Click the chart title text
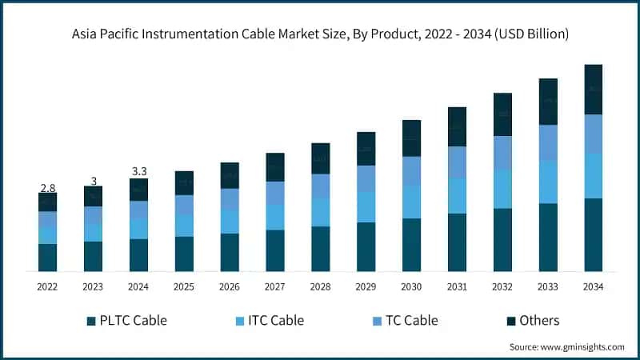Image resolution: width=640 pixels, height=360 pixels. [x=320, y=34]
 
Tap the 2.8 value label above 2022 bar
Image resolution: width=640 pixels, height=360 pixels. [x=47, y=187]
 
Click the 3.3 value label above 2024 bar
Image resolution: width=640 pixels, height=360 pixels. [x=138, y=171]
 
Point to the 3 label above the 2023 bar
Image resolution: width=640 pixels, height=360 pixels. [x=93, y=181]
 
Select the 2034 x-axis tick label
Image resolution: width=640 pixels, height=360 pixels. [x=593, y=286]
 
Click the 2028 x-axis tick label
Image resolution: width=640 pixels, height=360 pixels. [x=320, y=286]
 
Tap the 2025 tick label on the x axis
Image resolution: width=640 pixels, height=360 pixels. [x=184, y=286]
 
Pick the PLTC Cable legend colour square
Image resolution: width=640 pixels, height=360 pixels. [x=91, y=321]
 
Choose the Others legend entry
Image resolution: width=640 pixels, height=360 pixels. [x=538, y=321]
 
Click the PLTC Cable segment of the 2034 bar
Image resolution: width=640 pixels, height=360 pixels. [x=593, y=235]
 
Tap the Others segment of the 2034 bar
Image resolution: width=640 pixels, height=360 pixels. [x=593, y=90]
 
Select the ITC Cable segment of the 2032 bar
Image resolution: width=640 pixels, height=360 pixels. [x=502, y=190]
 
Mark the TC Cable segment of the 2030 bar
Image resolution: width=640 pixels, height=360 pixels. [x=411, y=171]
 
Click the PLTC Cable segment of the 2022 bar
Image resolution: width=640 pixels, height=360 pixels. [x=47, y=258]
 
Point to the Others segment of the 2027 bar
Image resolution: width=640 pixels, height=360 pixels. [x=274, y=167]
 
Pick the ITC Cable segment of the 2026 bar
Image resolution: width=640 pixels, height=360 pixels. [x=230, y=222]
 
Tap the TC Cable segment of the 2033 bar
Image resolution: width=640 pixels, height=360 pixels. [x=548, y=142]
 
